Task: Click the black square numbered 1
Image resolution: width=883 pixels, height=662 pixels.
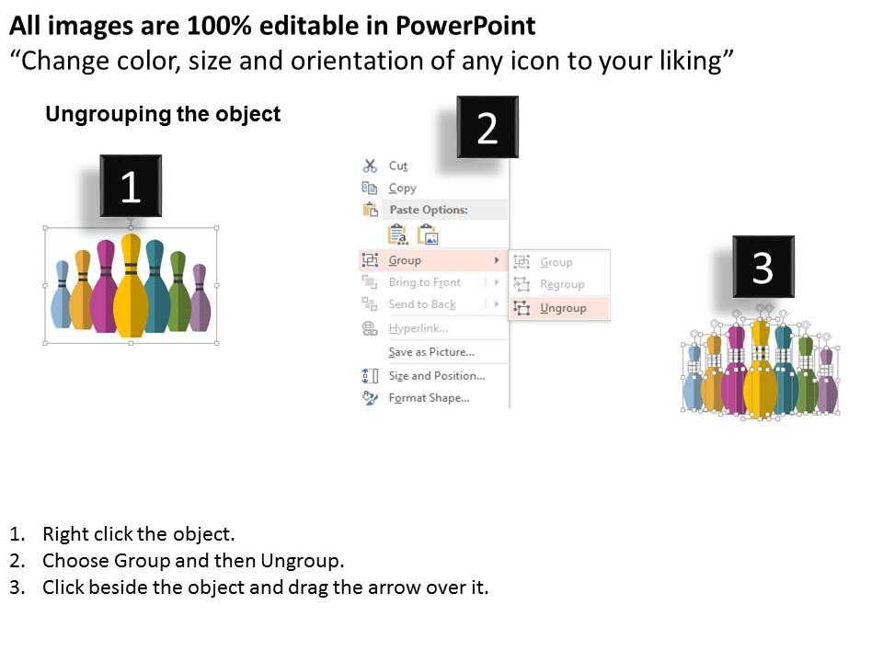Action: point(131,187)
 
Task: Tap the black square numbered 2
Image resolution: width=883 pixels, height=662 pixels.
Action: point(487,128)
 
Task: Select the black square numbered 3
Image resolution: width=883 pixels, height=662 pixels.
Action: point(763,267)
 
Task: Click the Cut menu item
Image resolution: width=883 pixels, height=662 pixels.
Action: point(397,165)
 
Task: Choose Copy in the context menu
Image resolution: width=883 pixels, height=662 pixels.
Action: point(402,188)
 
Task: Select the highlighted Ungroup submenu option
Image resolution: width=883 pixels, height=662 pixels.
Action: point(562,308)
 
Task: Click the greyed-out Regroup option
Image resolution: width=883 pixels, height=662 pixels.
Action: point(561,284)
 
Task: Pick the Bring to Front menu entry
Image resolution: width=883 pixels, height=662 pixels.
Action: point(424,282)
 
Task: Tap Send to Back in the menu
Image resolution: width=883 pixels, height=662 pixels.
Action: point(421,304)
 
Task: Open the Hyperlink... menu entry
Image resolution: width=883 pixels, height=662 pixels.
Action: point(418,328)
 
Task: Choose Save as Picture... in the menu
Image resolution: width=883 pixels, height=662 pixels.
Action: point(430,352)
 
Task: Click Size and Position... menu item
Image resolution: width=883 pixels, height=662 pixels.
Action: point(436,376)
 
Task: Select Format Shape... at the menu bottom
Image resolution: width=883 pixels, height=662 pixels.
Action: point(429,398)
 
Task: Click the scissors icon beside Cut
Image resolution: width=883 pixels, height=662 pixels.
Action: point(370,165)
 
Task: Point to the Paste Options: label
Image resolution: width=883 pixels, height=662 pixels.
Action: point(428,210)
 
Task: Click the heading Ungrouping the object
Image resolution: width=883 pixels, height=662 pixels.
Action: point(163,114)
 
